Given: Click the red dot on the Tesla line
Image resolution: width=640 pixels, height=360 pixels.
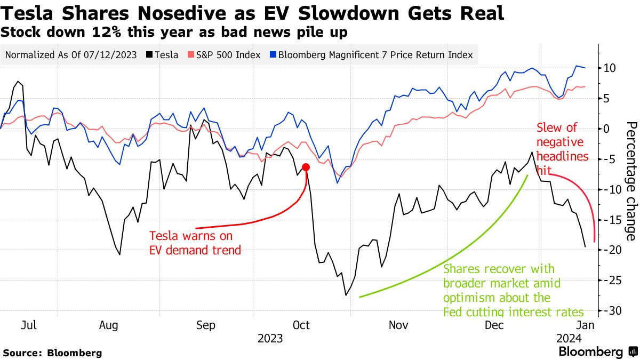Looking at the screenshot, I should coord(306,167).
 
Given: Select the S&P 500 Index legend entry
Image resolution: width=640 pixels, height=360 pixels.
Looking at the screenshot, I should coord(224,55).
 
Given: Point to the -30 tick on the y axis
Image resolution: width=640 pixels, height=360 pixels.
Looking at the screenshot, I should coord(610,310).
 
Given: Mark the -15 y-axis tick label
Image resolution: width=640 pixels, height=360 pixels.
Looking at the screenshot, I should coord(610,220).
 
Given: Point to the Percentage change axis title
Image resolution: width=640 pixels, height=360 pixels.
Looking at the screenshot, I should coord(630,181).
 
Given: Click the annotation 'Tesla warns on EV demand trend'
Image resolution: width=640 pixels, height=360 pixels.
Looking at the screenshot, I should coord(195,242).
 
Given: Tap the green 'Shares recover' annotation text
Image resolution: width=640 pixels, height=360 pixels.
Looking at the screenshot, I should coord(513,290).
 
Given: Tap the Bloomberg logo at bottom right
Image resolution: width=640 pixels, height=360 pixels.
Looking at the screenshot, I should coord(597,352).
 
